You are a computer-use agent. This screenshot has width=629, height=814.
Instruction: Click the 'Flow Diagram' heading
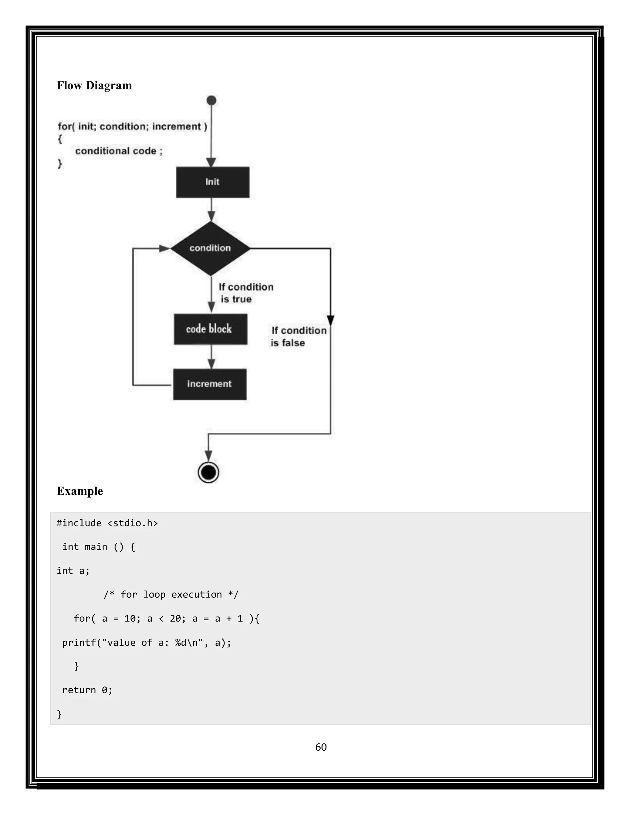pyautogui.click(x=94, y=85)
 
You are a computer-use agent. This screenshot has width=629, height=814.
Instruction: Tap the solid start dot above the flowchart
pyautogui.click(x=211, y=100)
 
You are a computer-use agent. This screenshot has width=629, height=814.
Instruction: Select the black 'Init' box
pyautogui.click(x=213, y=182)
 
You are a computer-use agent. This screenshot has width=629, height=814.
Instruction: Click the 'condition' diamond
pyautogui.click(x=210, y=248)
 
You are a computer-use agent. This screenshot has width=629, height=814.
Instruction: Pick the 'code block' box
pyautogui.click(x=210, y=329)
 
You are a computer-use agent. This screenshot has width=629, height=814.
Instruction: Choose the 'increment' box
pyautogui.click(x=210, y=384)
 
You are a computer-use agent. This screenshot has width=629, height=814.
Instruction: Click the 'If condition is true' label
pyautogui.click(x=246, y=293)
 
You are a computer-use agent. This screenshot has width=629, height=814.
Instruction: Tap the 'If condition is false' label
pyautogui.click(x=298, y=337)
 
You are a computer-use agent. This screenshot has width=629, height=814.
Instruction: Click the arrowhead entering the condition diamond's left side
pyautogui.click(x=164, y=248)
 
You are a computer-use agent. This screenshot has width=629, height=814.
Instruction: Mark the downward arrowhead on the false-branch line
pyautogui.click(x=330, y=320)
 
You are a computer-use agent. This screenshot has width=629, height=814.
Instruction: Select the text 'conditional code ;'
pyautogui.click(x=119, y=151)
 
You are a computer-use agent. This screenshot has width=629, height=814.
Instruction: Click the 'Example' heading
pyautogui.click(x=80, y=491)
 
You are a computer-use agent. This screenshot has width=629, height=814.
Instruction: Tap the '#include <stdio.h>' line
pyautogui.click(x=107, y=523)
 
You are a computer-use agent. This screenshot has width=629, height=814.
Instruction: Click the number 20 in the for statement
pyautogui.click(x=175, y=619)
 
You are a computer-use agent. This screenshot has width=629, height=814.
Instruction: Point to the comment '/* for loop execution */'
pyautogui.click(x=171, y=594)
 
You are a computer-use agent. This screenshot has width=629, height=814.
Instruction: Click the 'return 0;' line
pyautogui.click(x=87, y=690)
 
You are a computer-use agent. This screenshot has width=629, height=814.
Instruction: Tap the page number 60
pyautogui.click(x=321, y=747)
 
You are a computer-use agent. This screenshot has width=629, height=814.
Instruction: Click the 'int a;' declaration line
pyautogui.click(x=73, y=571)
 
